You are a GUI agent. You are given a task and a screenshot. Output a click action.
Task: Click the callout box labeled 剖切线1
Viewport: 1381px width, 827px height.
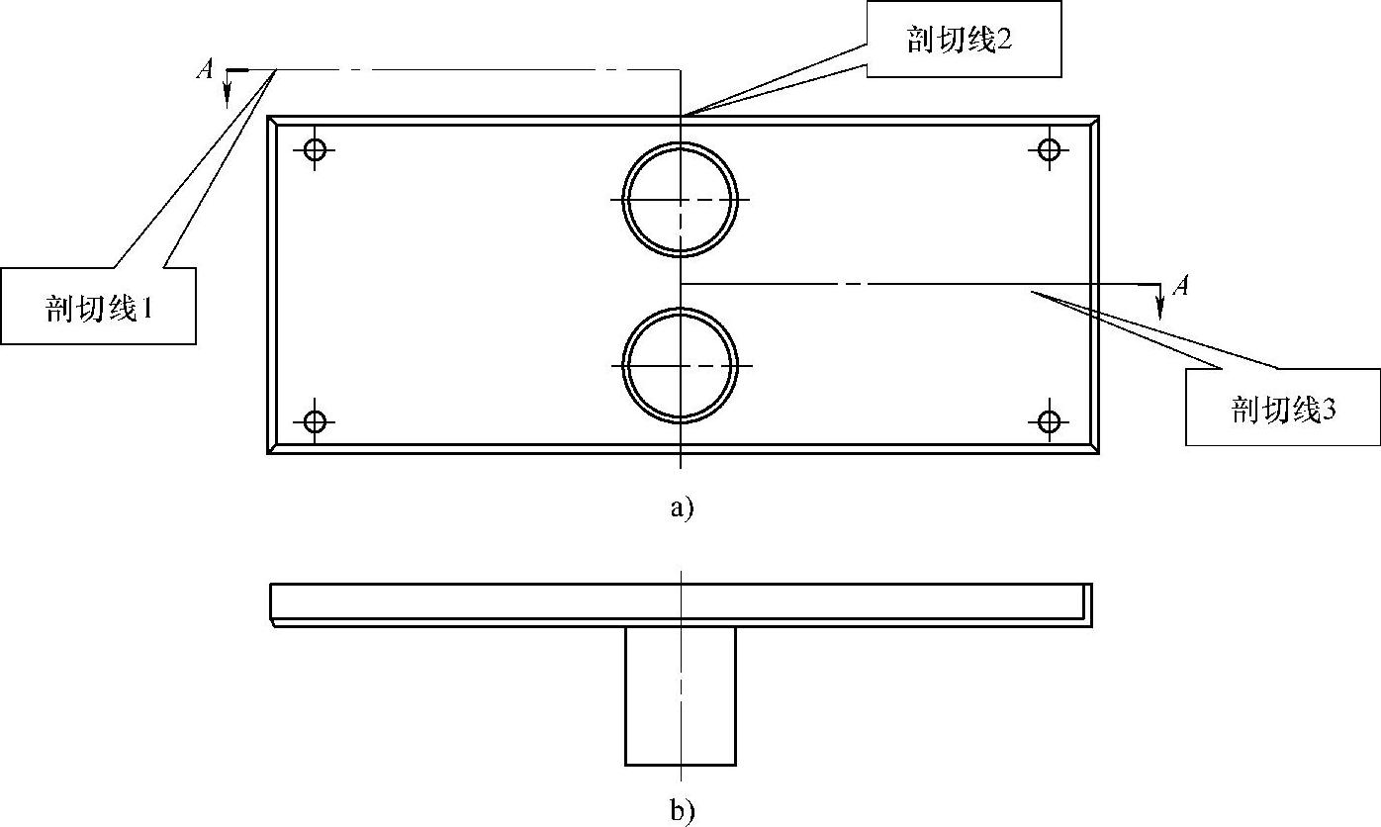pos(98,306)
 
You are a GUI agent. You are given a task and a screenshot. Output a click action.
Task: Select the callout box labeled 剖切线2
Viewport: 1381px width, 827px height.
pos(965,41)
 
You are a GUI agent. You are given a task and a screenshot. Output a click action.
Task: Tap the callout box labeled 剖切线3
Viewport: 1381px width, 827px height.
pos(1282,408)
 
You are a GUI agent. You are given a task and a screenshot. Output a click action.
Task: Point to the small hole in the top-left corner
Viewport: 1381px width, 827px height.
pos(315,150)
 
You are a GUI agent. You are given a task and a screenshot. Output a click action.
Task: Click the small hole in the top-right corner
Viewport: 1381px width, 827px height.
pos(1050,150)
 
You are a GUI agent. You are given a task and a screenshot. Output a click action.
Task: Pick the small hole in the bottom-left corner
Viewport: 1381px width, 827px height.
pos(315,422)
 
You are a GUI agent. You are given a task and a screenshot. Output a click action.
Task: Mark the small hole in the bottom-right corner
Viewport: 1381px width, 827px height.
pos(1050,422)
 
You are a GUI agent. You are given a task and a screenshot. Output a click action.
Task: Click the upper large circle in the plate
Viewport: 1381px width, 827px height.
pos(681,199)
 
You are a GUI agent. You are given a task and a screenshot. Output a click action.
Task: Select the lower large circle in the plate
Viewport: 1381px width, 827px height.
pos(681,365)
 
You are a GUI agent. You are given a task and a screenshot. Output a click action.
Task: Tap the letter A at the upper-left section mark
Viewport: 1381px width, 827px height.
pos(205,69)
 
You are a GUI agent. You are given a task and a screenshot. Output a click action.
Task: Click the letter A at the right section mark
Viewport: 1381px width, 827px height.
pos(1179,287)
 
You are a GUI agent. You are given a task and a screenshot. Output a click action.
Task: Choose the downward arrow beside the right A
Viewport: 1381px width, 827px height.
pos(1160,302)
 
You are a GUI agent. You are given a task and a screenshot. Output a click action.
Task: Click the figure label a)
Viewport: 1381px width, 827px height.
pos(682,508)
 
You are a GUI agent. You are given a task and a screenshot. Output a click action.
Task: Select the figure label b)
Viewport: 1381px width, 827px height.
pos(683,811)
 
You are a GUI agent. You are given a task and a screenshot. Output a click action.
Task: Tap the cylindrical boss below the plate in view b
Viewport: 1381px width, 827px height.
pos(681,695)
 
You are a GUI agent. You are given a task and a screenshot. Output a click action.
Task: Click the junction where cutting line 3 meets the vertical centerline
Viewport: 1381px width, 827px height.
pos(681,284)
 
